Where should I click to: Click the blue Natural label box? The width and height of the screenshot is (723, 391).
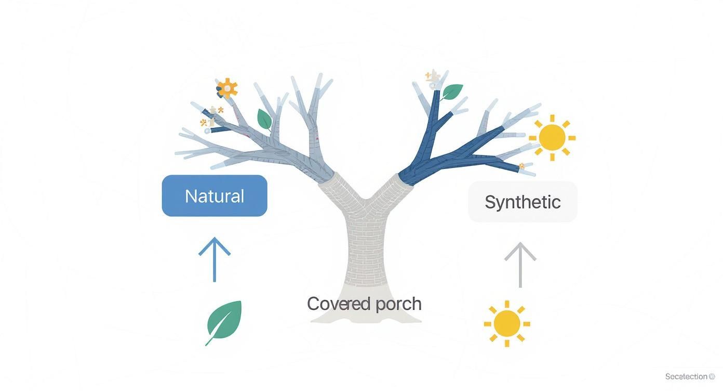(x=215, y=196)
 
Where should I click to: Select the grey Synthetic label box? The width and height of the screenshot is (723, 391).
(x=523, y=202)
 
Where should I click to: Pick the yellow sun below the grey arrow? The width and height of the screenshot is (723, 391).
(x=507, y=323)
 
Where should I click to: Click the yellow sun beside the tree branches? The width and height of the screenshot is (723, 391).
(x=552, y=138)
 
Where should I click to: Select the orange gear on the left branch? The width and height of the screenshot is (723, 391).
(x=227, y=89)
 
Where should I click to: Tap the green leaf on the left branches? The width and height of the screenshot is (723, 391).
(x=264, y=119)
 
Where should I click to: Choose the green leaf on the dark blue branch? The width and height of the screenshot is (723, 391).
(x=452, y=92)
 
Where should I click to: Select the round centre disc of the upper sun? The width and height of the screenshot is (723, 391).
(x=552, y=138)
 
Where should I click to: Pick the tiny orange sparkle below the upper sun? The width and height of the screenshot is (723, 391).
(x=521, y=166)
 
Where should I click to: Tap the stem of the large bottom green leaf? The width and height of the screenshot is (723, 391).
(x=210, y=341)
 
